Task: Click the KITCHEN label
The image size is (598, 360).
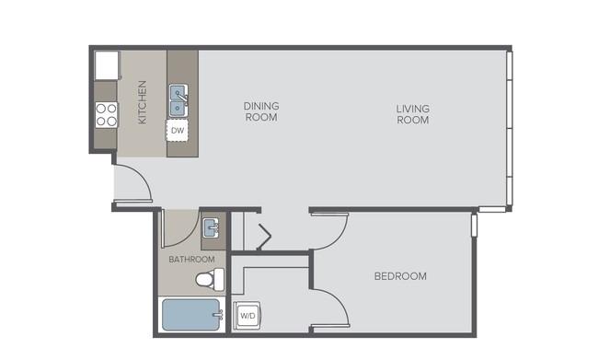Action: [x=142, y=102]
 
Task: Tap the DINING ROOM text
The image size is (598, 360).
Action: [x=261, y=111]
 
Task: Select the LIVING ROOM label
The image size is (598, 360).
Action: [x=413, y=114]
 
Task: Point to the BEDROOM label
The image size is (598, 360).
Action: [x=400, y=276]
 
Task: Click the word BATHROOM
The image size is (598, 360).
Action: [x=191, y=260]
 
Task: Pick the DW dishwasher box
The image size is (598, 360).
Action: [x=178, y=131]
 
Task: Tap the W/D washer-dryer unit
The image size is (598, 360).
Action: [x=247, y=315]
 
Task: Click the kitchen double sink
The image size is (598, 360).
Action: [x=178, y=100]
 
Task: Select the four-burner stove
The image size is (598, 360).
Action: [x=106, y=115]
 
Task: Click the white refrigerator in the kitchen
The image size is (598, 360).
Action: [x=107, y=65]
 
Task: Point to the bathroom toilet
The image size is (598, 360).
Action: [x=210, y=279]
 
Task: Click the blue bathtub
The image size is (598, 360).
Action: [x=191, y=315]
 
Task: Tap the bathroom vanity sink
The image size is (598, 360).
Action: [x=211, y=227]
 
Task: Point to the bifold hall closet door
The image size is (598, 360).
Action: [x=265, y=237]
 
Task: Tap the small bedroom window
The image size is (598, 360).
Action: [x=474, y=226]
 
